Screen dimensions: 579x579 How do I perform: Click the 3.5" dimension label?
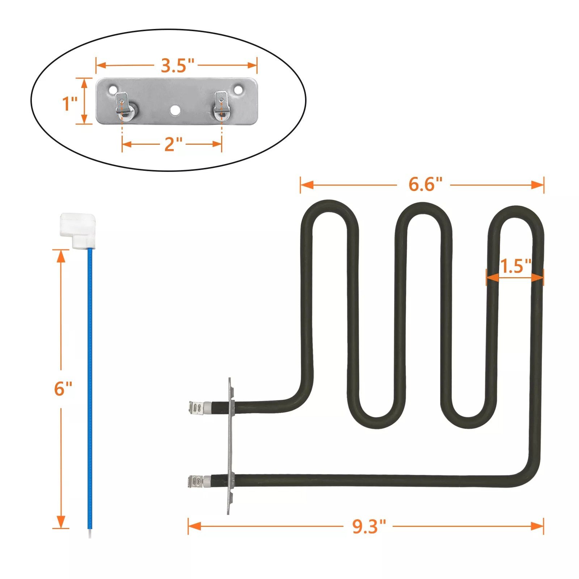[178, 65]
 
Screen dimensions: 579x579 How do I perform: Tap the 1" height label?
[70, 104]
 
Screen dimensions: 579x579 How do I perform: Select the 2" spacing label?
[174, 144]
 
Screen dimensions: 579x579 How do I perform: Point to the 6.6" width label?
[425, 185]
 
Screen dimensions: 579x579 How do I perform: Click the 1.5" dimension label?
[515, 266]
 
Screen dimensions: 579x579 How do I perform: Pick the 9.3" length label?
[369, 526]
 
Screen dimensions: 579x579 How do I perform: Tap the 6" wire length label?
[63, 389]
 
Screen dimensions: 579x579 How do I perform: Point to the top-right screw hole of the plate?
[238, 88]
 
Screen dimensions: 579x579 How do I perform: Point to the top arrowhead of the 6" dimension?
[61, 256]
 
